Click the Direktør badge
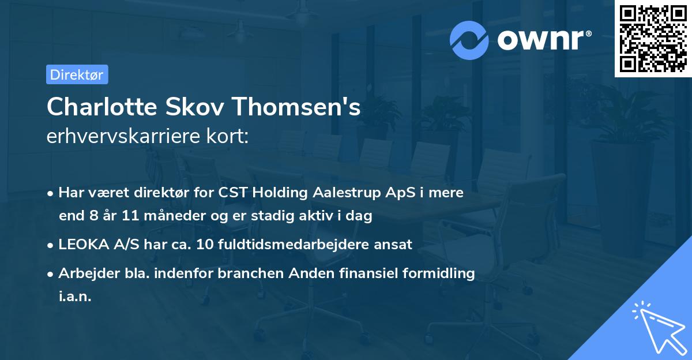[77, 74]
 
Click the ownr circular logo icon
[469, 40]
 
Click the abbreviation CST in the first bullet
[232, 193]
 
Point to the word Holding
[275, 193]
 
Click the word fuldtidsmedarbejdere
[297, 245]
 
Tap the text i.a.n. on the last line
[75, 297]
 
